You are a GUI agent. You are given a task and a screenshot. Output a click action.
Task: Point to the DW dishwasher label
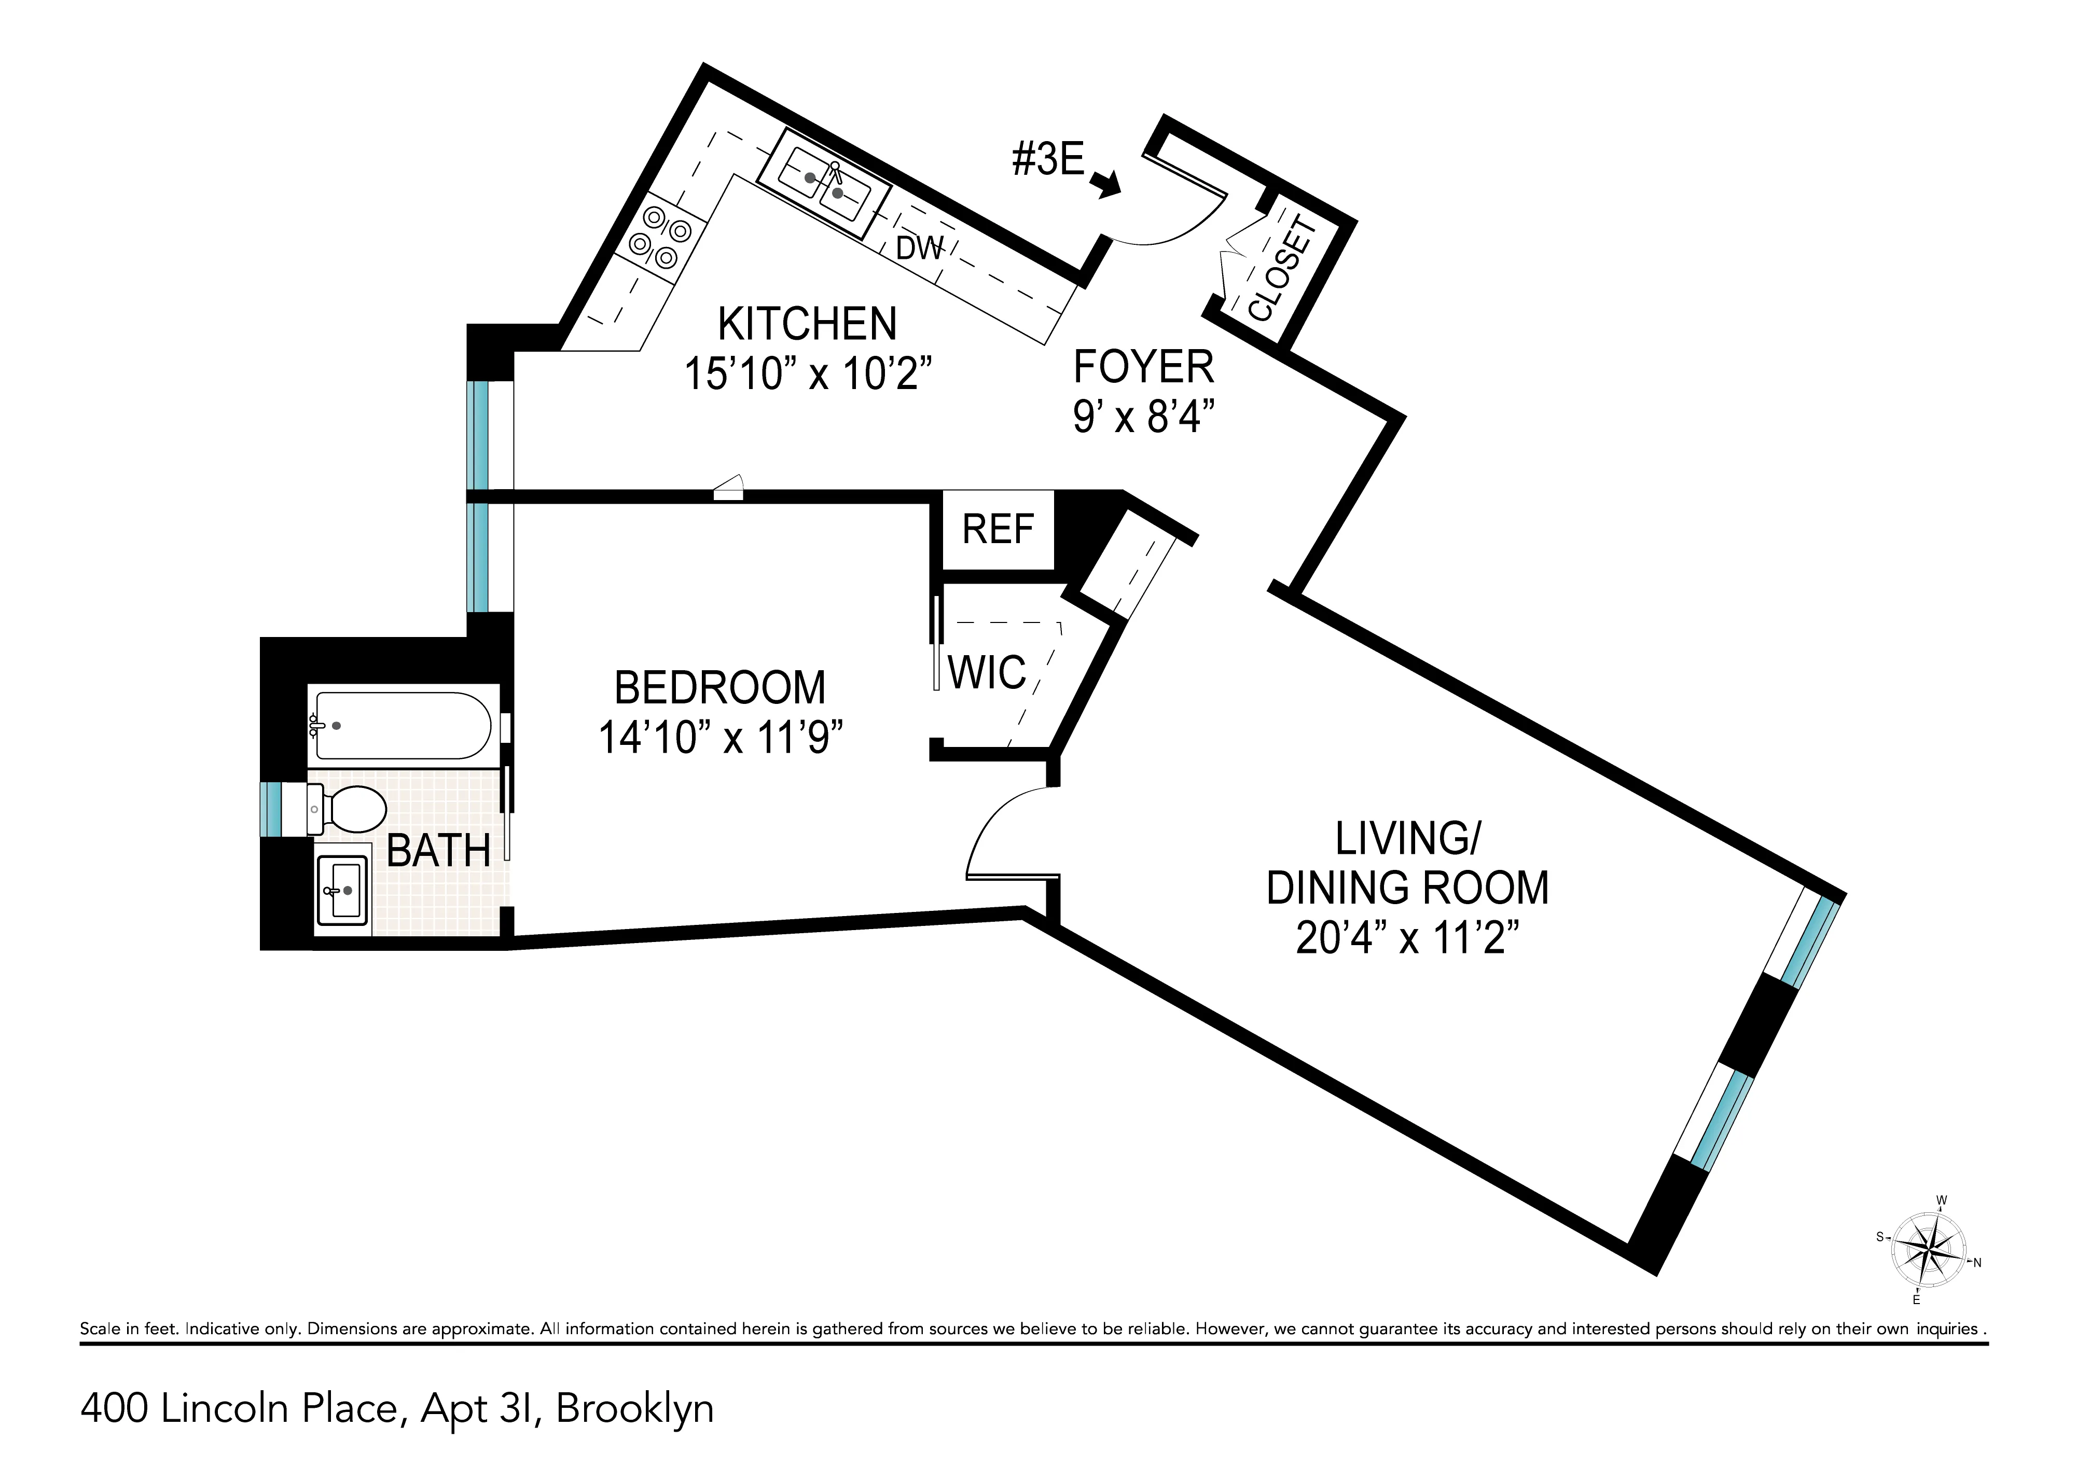(x=920, y=247)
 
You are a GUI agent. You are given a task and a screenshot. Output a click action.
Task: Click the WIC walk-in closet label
(x=987, y=673)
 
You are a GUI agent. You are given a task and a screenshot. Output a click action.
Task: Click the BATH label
(x=438, y=851)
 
